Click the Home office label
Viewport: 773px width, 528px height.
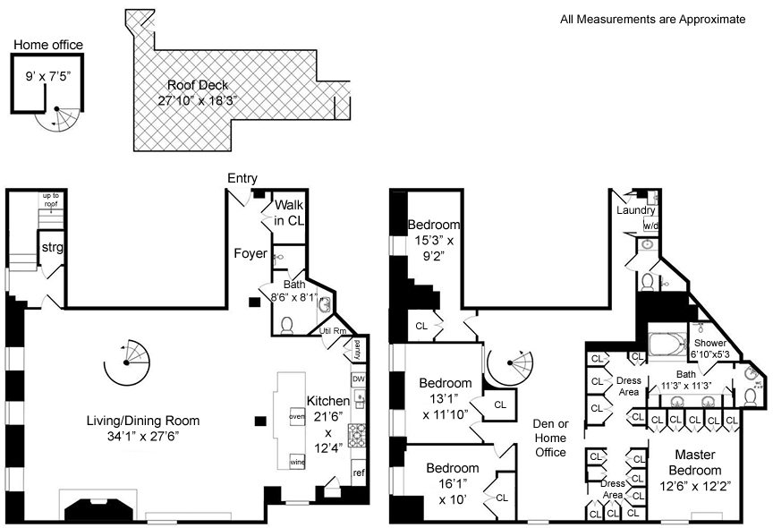(47, 45)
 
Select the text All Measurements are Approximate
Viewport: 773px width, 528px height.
(652, 19)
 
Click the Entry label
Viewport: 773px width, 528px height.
(242, 178)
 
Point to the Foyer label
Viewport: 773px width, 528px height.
(251, 253)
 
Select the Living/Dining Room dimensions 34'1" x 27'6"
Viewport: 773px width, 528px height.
(142, 437)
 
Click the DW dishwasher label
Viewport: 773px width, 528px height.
(358, 379)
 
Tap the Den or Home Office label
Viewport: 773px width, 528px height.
(550, 438)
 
